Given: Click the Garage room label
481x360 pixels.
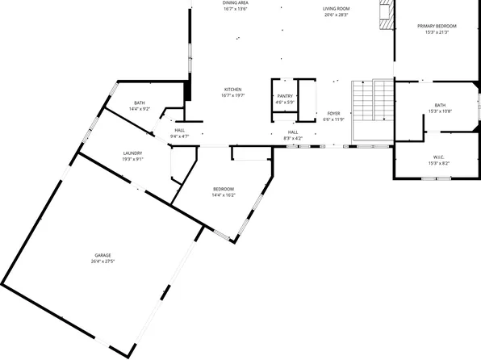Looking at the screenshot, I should [x=102, y=255].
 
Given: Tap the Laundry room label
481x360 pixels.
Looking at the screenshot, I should [x=133, y=153].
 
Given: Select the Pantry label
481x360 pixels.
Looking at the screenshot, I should [x=285, y=96].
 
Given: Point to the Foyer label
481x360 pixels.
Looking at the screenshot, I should [x=334, y=114].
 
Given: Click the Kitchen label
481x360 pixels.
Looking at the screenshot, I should [x=233, y=89].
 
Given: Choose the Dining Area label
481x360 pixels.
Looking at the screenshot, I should [x=236, y=3].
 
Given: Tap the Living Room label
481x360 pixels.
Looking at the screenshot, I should [x=337, y=9].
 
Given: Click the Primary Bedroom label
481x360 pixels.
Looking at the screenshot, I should [x=437, y=27].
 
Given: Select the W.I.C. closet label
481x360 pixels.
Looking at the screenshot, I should [x=440, y=157].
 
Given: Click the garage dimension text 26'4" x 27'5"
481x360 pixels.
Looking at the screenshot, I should [x=102, y=262].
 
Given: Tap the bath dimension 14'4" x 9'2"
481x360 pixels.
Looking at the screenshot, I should [x=140, y=109].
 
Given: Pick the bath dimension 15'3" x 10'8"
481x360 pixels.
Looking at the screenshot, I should [x=440, y=111].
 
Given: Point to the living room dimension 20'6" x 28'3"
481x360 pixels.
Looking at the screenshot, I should [x=337, y=15].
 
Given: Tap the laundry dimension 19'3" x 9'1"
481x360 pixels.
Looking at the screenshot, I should [x=133, y=159].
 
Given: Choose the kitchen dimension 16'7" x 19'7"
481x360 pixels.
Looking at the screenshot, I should [x=233, y=95].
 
